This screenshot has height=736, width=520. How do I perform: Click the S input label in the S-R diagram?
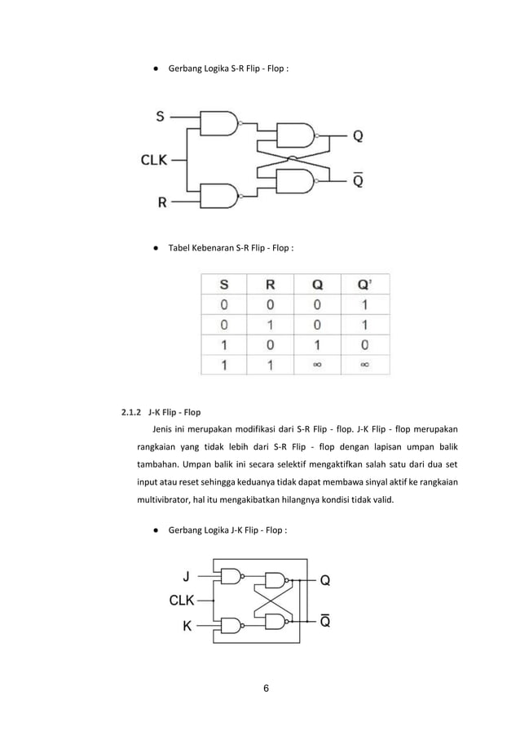[160, 117]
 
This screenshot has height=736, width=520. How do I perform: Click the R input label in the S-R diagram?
[162, 202]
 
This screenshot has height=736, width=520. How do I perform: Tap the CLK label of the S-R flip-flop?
[154, 160]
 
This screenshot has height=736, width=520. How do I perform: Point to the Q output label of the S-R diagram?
[359, 137]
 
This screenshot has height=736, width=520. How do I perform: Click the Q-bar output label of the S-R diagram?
[359, 180]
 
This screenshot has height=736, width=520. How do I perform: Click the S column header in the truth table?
[223, 286]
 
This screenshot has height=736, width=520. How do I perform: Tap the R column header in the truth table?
[270, 286]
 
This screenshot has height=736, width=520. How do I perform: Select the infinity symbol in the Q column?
[317, 365]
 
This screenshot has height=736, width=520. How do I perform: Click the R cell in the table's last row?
[270, 365]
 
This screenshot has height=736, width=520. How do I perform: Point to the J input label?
[187, 575]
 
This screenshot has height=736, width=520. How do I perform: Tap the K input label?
[187, 627]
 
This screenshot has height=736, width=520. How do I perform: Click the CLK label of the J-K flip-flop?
[182, 601]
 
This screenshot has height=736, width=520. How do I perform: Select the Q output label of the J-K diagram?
[324, 581]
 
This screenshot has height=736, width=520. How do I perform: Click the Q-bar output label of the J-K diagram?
[324, 621]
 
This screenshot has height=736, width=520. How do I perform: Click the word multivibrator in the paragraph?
[169, 500]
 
